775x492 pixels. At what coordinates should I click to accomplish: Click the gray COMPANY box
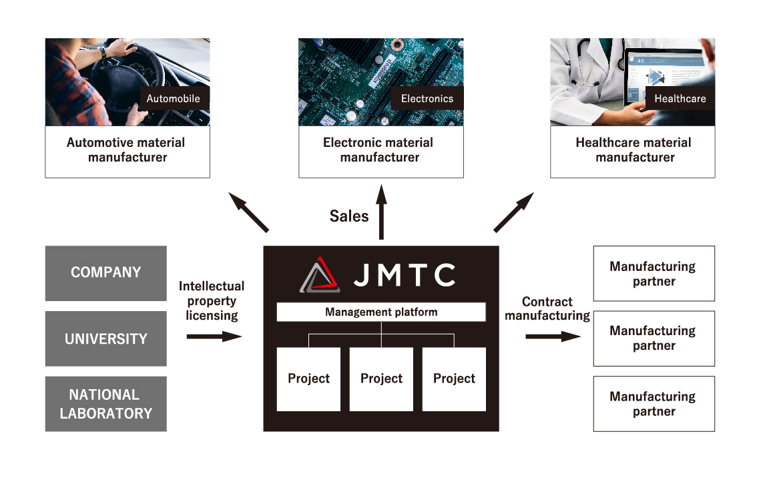pyautogui.click(x=105, y=272)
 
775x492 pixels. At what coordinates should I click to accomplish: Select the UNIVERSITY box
pyautogui.click(x=105, y=338)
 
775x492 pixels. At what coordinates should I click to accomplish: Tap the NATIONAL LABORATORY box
pyautogui.click(x=105, y=404)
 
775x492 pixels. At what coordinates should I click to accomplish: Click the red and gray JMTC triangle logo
pyautogui.click(x=320, y=275)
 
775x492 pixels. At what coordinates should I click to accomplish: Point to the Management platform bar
pyautogui.click(x=381, y=312)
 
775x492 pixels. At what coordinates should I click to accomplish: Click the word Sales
pyautogui.click(x=348, y=216)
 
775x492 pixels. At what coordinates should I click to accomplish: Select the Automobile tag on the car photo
pyautogui.click(x=174, y=98)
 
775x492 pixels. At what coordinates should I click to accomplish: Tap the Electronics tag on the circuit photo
pyautogui.click(x=427, y=98)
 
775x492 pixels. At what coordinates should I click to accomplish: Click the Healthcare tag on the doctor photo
pyautogui.click(x=680, y=98)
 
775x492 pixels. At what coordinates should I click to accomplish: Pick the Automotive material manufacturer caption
pyautogui.click(x=127, y=150)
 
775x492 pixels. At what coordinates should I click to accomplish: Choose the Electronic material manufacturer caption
pyautogui.click(x=380, y=150)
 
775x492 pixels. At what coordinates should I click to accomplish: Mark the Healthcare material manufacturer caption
pyautogui.click(x=633, y=150)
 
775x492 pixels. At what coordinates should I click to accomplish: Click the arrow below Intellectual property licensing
pyautogui.click(x=214, y=336)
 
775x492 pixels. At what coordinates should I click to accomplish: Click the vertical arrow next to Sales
pyautogui.click(x=381, y=212)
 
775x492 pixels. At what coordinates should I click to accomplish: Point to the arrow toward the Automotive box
pyautogui.click(x=248, y=212)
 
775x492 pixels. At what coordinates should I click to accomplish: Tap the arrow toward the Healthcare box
pyautogui.click(x=513, y=212)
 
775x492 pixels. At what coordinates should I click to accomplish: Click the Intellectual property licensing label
pyautogui.click(x=212, y=300)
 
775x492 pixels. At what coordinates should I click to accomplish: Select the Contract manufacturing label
pyautogui.click(x=547, y=308)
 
